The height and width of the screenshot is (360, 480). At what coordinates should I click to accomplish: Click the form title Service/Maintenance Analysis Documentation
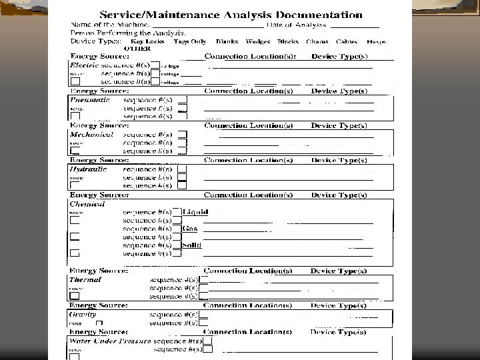(231, 14)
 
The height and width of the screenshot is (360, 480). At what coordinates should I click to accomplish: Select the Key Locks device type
(147, 41)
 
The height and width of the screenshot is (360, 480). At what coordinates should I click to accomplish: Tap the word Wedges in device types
(257, 41)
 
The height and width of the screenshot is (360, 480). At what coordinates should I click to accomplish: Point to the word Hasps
(375, 41)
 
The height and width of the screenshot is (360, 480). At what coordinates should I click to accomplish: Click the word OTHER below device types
(137, 48)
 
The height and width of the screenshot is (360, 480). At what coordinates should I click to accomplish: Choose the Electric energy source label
(84, 65)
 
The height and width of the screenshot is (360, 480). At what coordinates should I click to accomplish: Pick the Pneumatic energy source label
(90, 99)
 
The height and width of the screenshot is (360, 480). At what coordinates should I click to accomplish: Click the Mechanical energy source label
(92, 134)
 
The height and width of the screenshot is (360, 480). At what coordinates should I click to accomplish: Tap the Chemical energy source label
(87, 204)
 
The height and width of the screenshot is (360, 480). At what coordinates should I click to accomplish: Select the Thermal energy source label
(85, 280)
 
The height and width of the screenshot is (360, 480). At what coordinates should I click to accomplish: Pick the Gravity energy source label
(83, 314)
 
